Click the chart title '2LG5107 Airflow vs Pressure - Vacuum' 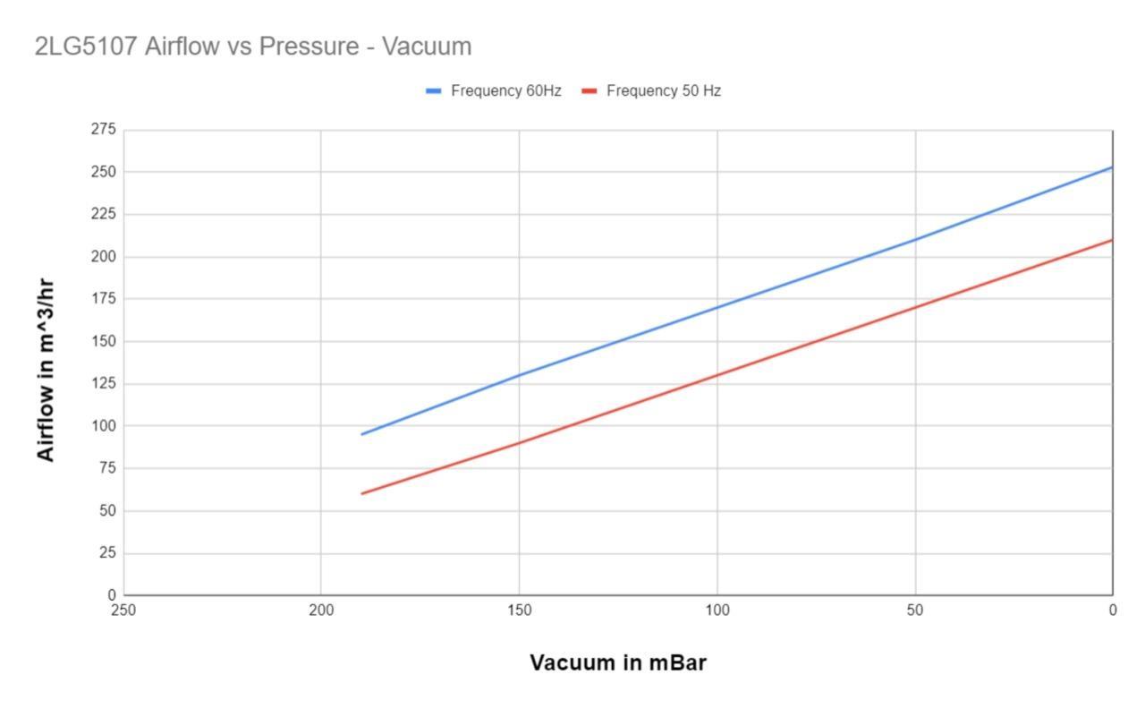253,46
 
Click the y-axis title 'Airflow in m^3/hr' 46,370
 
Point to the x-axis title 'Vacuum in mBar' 618,662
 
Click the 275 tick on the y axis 103,130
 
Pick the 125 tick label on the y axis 103,384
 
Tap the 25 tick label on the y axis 106,553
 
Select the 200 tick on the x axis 321,611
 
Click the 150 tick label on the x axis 519,611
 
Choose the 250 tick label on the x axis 123,611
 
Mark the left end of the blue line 362,434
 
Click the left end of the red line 362,493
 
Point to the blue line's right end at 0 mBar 1112,167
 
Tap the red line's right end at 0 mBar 1112,240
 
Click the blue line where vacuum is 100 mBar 717,307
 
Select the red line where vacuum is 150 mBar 519,442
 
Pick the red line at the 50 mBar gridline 915,307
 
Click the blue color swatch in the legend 434,90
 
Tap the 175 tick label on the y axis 103,299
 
